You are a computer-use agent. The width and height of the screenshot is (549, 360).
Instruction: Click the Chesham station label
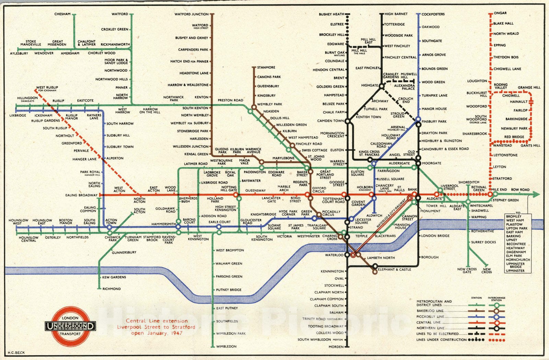(x=62, y=14)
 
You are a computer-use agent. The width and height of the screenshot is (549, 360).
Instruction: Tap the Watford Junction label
(x=191, y=14)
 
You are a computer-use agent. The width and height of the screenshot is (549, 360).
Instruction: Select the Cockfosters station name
(x=433, y=14)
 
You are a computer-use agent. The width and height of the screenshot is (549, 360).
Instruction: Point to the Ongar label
(x=500, y=13)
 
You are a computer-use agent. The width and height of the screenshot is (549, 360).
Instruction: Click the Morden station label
(x=336, y=347)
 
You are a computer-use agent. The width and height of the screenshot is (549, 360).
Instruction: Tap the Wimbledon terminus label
(x=226, y=347)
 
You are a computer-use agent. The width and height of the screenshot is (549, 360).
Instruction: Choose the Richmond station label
(x=112, y=289)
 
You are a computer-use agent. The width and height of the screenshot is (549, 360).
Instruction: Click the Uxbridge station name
(x=17, y=115)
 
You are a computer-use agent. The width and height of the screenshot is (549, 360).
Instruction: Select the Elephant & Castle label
(x=394, y=270)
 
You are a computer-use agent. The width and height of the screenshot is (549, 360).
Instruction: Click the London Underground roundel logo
(x=70, y=326)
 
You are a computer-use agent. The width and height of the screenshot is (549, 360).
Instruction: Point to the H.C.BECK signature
(x=16, y=352)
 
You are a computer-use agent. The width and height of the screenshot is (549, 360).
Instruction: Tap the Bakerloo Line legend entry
(x=430, y=311)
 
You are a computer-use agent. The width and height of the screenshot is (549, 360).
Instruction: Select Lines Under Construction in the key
(x=441, y=340)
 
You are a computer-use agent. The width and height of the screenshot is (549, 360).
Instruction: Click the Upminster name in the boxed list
(x=515, y=271)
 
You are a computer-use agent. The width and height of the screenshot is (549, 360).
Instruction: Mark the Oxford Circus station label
(x=319, y=190)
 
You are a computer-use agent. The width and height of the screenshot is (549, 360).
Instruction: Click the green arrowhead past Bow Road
(x=536, y=195)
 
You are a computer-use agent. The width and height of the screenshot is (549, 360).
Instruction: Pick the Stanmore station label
(x=266, y=68)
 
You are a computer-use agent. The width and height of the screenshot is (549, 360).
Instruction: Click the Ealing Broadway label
(x=81, y=195)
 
